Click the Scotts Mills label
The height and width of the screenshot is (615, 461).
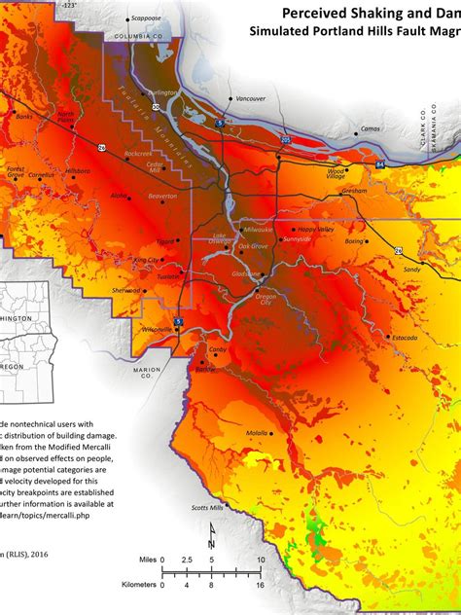(x=207, y=507)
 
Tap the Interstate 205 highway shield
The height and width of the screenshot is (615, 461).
(x=285, y=141)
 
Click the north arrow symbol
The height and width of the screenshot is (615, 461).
(x=211, y=535)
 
